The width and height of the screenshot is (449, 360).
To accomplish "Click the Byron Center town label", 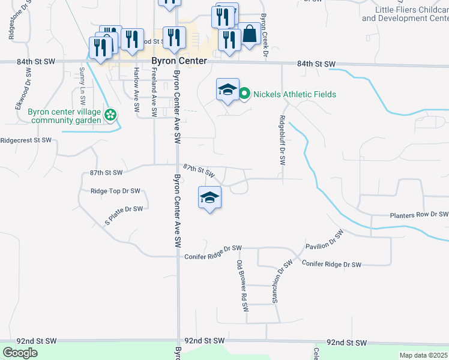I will [179, 61].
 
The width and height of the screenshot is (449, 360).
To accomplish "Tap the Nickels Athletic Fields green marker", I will [244, 94].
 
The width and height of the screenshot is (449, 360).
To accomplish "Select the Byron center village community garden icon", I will [110, 115].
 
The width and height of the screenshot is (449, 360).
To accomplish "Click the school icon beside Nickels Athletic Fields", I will [228, 90].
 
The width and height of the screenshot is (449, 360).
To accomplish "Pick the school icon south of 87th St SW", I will [209, 197].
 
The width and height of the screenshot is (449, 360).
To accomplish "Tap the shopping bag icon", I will [249, 35].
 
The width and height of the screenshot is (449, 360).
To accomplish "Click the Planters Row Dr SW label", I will [418, 214].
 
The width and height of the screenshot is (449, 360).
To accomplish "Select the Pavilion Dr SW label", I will [325, 239].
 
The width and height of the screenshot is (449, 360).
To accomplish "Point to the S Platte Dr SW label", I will [124, 214].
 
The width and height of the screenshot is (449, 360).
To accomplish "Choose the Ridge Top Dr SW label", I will [115, 191].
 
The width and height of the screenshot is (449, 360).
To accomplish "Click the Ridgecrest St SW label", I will [26, 140].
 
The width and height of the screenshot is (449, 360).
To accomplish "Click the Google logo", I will [20, 353].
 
